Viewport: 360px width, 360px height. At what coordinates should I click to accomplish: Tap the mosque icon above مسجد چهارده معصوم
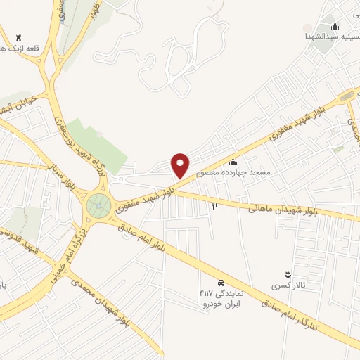[x=233, y=162]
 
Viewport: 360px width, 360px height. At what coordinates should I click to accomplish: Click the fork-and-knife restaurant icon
[x=215, y=206]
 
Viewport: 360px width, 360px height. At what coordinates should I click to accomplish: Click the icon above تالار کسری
[x=287, y=274]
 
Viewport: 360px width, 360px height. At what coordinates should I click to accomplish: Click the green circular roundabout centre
[x=98, y=205]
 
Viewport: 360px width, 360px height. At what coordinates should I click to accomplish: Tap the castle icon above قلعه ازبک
[x=18, y=37]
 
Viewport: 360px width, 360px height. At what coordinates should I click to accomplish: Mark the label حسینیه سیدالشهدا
[x=330, y=34]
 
